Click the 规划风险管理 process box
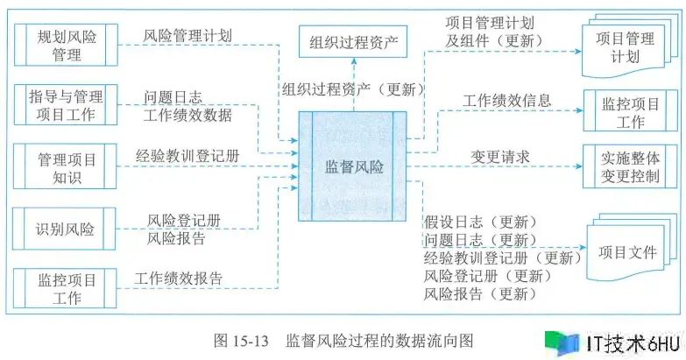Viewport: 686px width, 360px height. pyautogui.click(x=66, y=45)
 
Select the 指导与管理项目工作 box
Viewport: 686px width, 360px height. pyautogui.click(x=66, y=105)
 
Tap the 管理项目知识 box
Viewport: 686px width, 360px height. pyautogui.click(x=66, y=166)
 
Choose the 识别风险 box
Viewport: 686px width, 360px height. pyautogui.click(x=65, y=229)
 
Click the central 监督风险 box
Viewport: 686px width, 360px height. pyautogui.click(x=352, y=166)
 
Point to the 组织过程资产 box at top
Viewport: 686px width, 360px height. pyautogui.click(x=353, y=41)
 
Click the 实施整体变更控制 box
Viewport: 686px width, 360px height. pyautogui.click(x=630, y=166)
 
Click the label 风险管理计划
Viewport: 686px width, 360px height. pyautogui.click(x=187, y=35)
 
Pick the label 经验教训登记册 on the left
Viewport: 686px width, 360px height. pyautogui.click(x=187, y=156)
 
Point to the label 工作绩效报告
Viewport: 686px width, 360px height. pyautogui.click(x=179, y=279)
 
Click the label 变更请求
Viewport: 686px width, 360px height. pyautogui.click(x=500, y=157)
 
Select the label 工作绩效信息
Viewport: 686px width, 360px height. pyautogui.click(x=506, y=101)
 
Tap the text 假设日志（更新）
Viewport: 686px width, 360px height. pyautogui.click(x=480, y=222)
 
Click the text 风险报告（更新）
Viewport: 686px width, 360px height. pyautogui.click(x=480, y=293)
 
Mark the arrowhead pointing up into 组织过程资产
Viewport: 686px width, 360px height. pyautogui.click(x=353, y=62)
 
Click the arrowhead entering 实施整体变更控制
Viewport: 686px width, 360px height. pyautogui.click(x=579, y=166)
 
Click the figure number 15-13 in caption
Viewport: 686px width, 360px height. pyautogui.click(x=254, y=341)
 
